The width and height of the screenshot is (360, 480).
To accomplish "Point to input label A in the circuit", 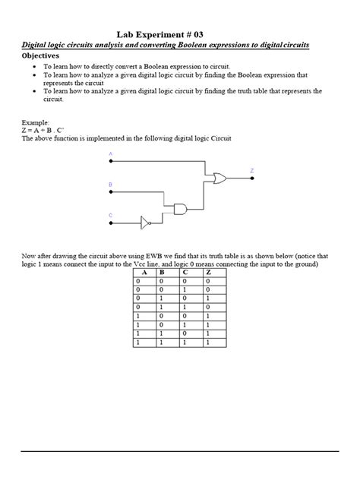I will click(x=110, y=154).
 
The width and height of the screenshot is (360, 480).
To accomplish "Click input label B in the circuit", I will click(x=110, y=185).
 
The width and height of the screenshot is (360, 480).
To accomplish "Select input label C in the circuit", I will click(x=110, y=215).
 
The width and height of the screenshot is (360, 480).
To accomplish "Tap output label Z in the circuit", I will click(x=252, y=170).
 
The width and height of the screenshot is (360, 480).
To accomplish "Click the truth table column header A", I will click(x=145, y=272).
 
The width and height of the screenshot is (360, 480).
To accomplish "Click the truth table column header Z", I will click(x=208, y=272).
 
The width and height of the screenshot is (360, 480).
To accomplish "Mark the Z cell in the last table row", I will click(x=208, y=343).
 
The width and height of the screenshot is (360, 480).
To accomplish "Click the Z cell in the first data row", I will click(x=208, y=280).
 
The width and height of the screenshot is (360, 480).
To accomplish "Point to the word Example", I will click(x=35, y=122).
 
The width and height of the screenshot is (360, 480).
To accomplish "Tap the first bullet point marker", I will click(x=35, y=67).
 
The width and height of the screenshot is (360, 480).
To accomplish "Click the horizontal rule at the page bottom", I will click(x=179, y=451).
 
